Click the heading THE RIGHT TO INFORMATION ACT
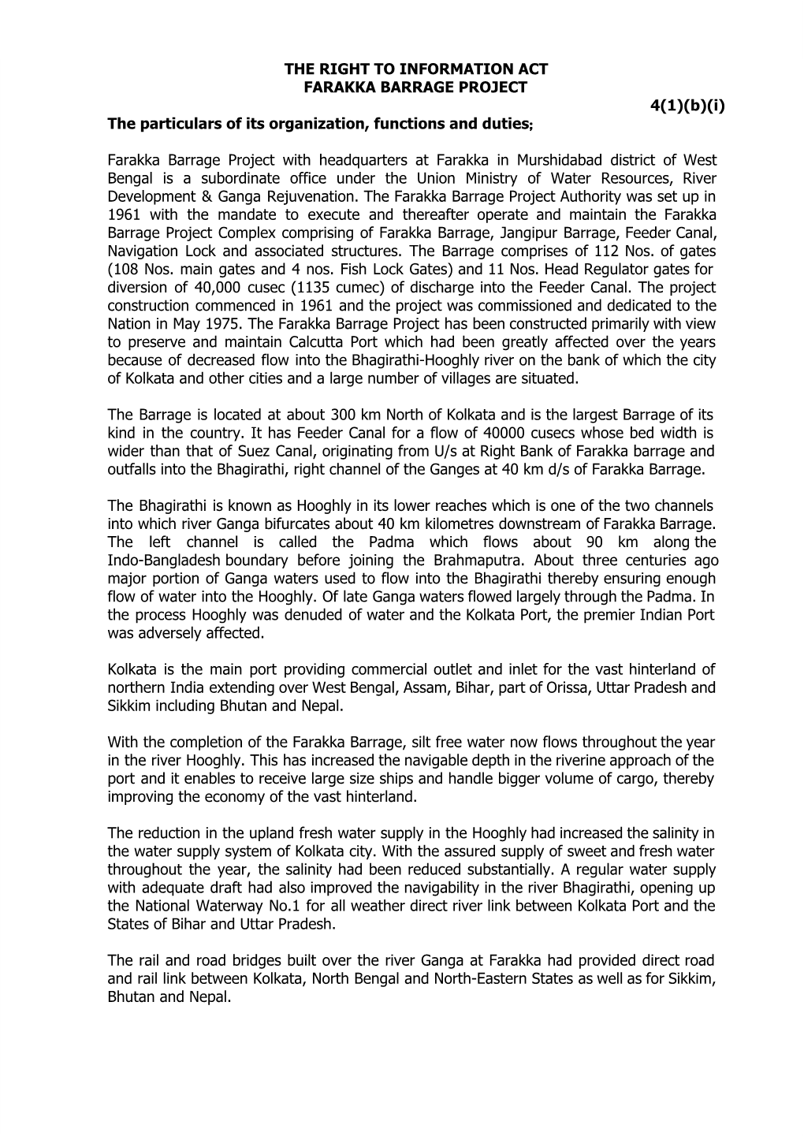415,69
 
